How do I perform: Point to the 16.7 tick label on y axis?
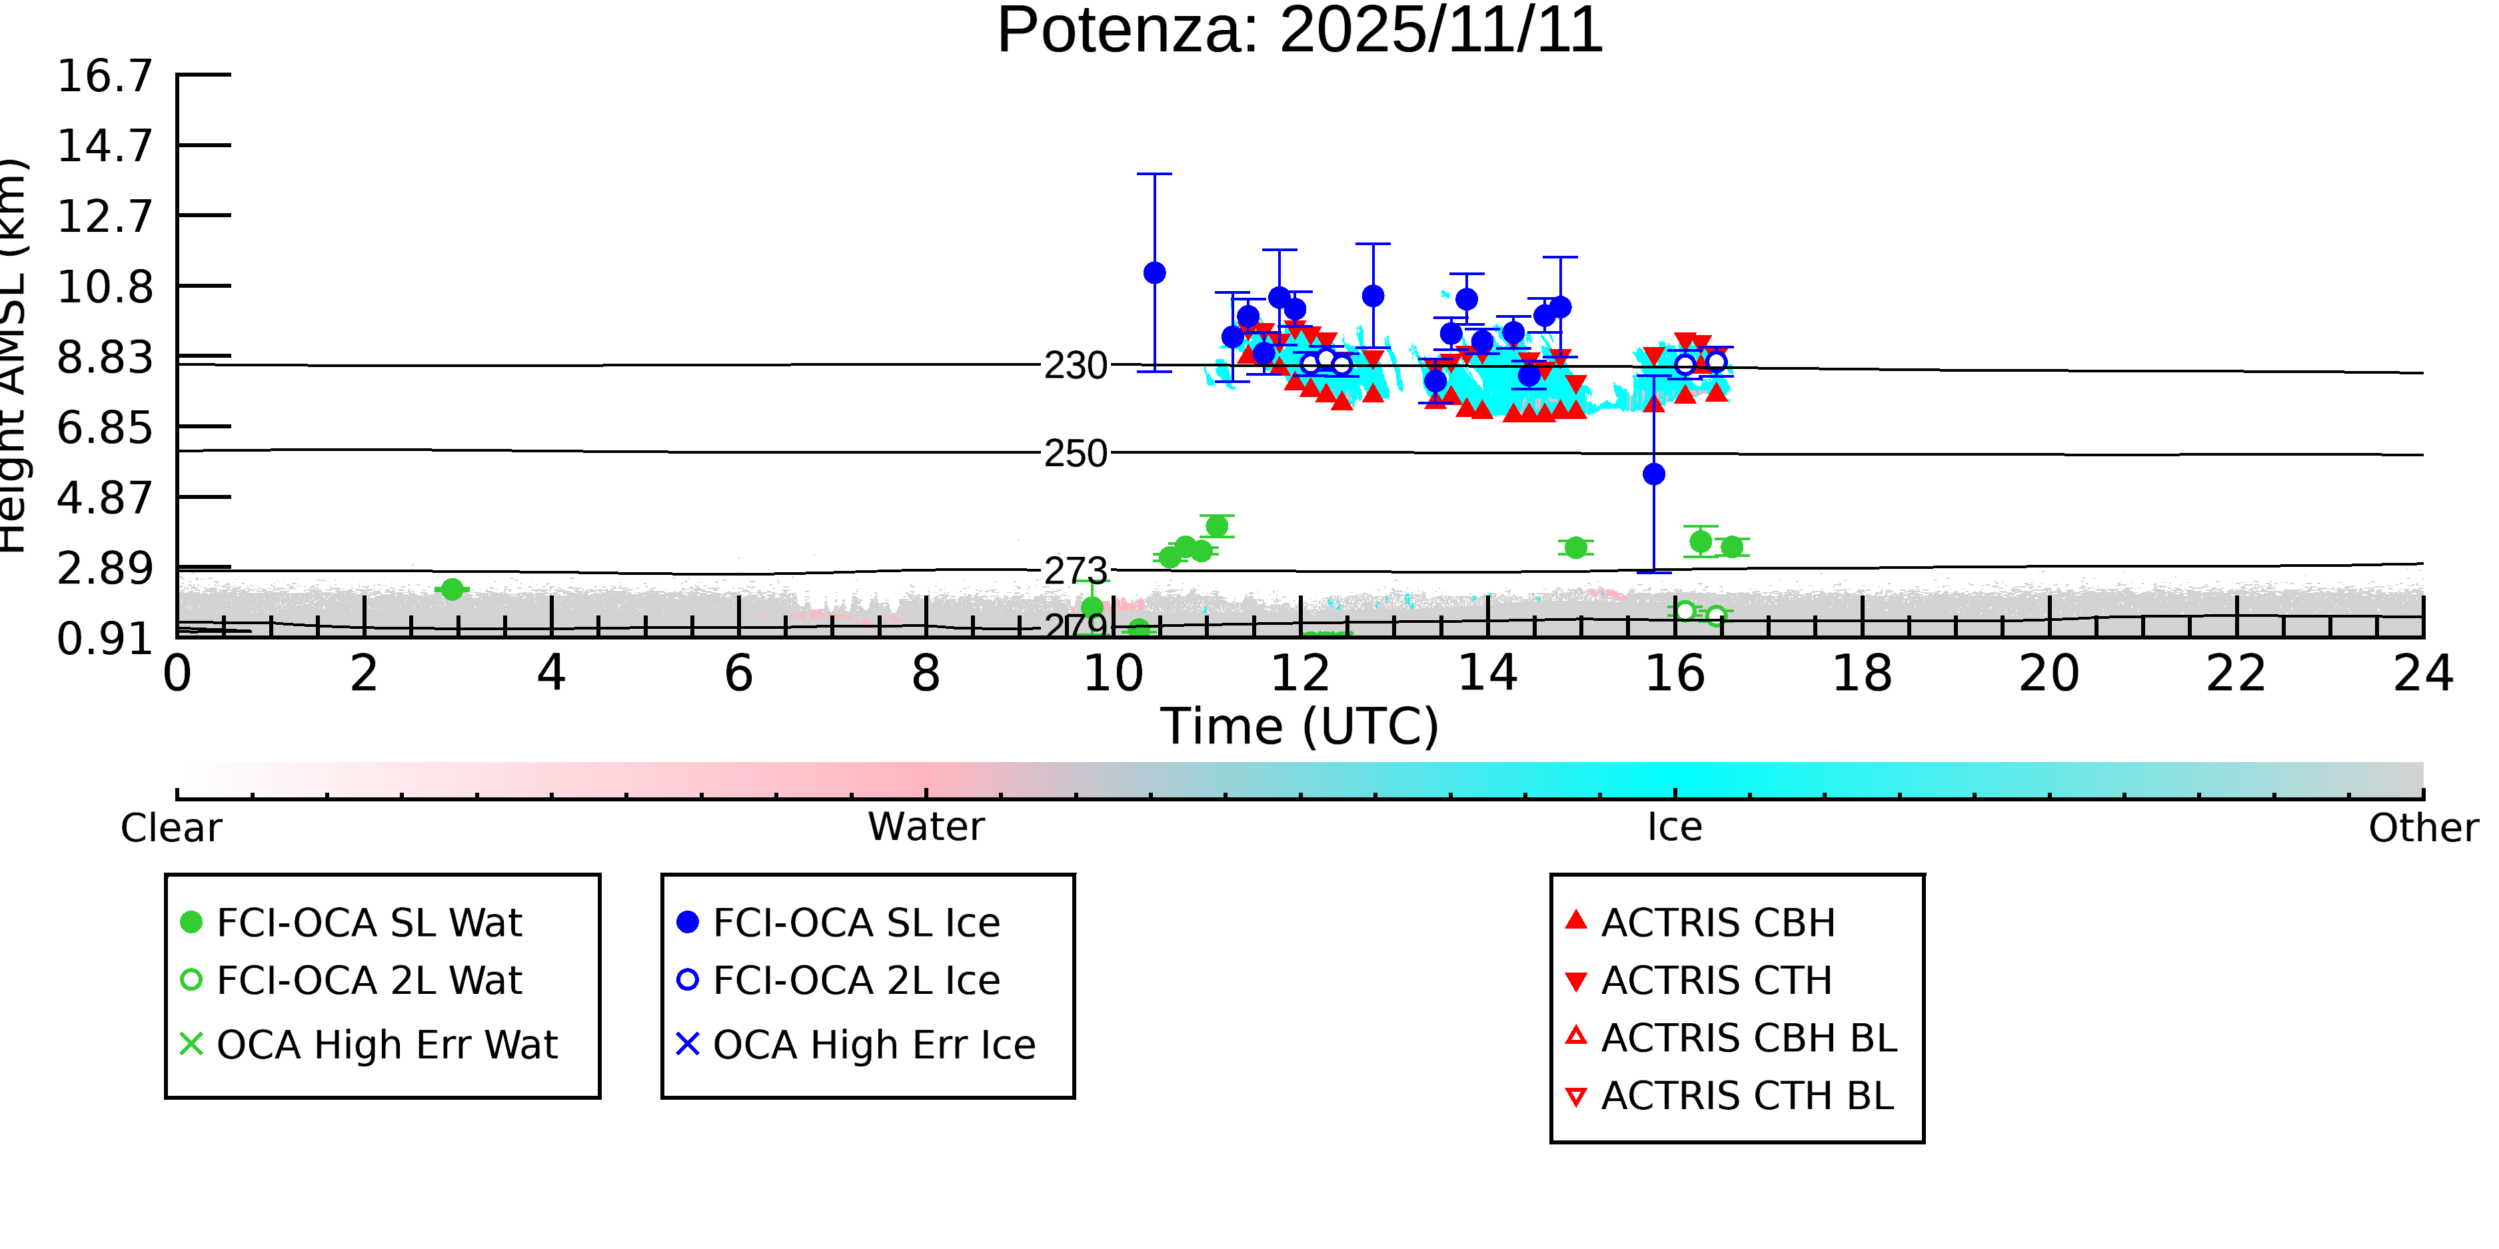click(105, 76)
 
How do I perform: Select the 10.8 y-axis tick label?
click(105, 287)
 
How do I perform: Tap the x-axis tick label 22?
click(2236, 674)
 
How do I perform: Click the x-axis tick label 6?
click(738, 674)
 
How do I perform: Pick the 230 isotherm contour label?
click(1075, 366)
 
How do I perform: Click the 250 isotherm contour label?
click(1075, 454)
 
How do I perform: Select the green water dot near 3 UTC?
click(452, 590)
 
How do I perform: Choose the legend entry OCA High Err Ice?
click(873, 1045)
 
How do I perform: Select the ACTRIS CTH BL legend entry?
click(1746, 1096)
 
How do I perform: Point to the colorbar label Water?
click(926, 827)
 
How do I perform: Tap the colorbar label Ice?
click(1675, 827)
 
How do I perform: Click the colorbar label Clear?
click(171, 828)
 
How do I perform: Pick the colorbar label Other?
click(2422, 828)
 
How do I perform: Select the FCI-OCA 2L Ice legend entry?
click(856, 981)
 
